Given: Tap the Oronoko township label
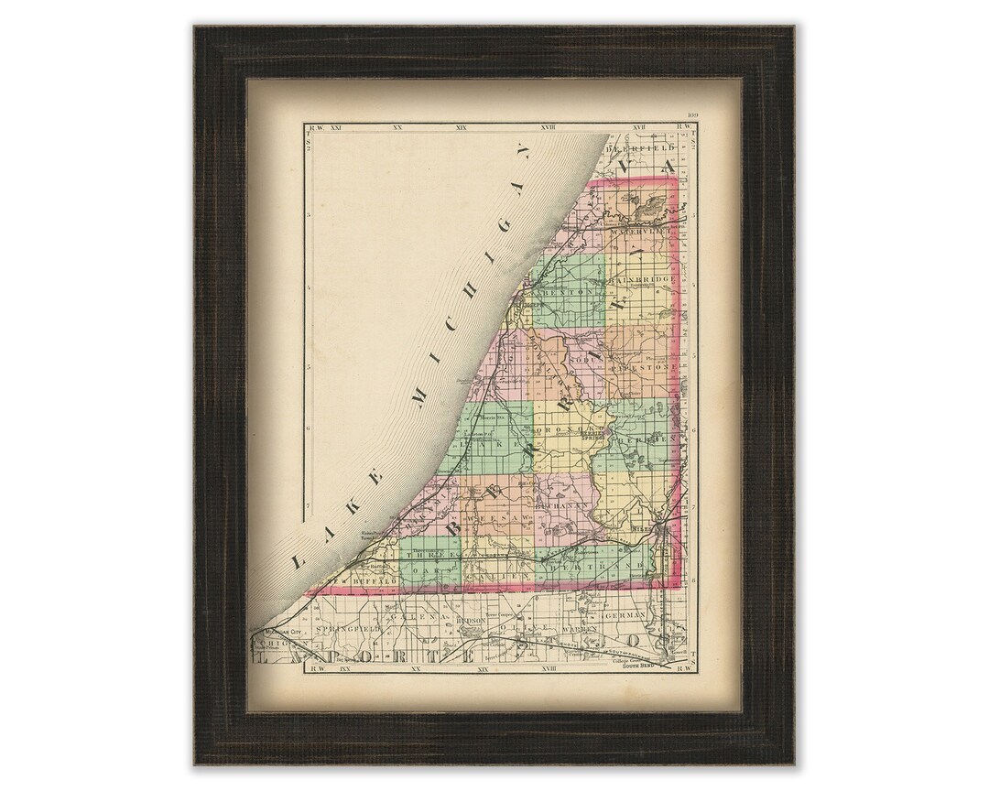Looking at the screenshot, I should click(x=572, y=428).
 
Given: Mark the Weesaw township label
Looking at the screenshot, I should click(x=487, y=519).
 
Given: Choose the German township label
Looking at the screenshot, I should click(x=650, y=615).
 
